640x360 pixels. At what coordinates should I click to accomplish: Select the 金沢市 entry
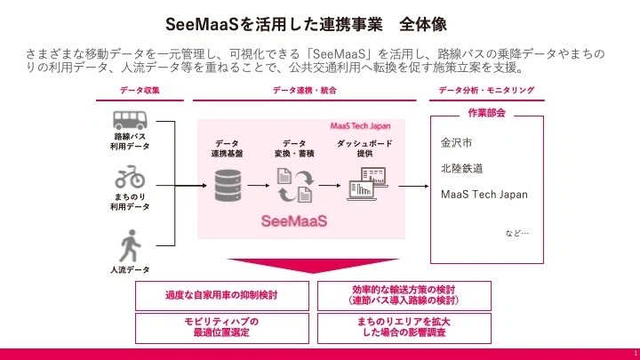(458, 142)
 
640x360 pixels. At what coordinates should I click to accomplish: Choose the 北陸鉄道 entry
(463, 168)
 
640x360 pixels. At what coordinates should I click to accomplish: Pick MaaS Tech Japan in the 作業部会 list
(484, 194)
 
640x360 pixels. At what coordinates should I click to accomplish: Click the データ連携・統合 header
(300, 91)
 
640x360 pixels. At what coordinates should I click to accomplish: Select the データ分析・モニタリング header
(487, 91)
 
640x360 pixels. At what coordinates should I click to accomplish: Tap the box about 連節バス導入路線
(403, 295)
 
